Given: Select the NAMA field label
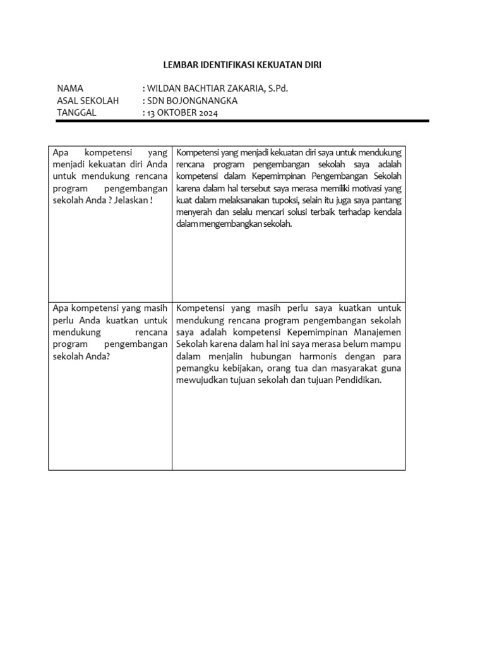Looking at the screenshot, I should (69, 88).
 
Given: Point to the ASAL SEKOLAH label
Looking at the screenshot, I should (88, 100).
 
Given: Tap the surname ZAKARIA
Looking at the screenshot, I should (246, 88).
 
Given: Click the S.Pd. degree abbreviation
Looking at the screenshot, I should (278, 88).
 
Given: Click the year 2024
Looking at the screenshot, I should (210, 112).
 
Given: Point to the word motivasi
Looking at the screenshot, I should (362, 188).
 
